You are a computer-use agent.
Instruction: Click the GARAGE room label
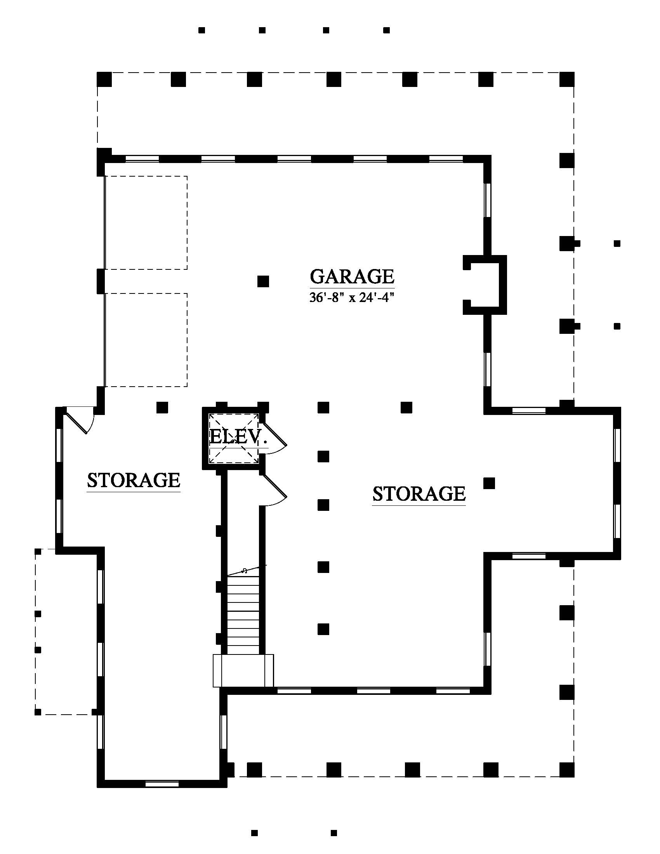tap(352, 276)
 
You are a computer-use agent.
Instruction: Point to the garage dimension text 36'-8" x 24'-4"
tap(351, 298)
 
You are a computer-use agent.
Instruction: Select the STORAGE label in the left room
tap(133, 480)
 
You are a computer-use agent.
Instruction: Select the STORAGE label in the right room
tap(419, 493)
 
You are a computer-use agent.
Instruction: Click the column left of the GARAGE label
tap(263, 281)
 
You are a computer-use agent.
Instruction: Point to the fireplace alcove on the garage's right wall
tap(485, 285)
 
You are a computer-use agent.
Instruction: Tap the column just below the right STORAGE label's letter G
tap(489, 484)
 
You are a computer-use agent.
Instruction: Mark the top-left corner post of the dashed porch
tap(104, 79)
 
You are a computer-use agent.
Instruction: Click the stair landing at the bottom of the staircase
tap(243, 670)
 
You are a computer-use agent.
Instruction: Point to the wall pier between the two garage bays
tap(101, 281)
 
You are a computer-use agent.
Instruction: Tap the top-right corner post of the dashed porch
tap(567, 79)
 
